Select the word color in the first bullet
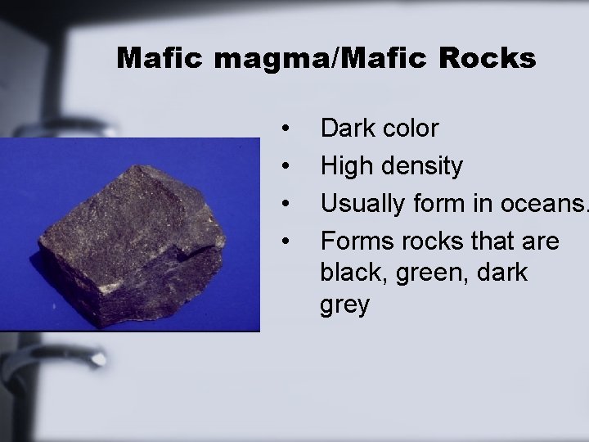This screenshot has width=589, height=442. tap(409, 129)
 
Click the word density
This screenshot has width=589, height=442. tap(422, 167)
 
